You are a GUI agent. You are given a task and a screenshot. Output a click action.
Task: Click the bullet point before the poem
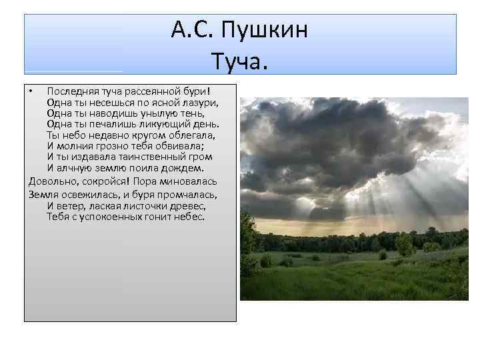pyautogui.click(x=31, y=89)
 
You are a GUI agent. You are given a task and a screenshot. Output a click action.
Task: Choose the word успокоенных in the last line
pyautogui.click(x=107, y=217)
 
